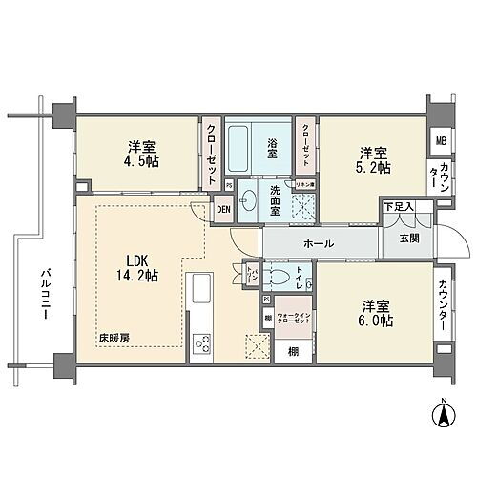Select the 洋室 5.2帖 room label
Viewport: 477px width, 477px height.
[375, 159]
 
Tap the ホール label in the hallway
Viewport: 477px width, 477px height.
[318, 243]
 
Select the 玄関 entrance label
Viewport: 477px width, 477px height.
[408, 238]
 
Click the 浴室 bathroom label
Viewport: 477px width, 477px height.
[272, 148]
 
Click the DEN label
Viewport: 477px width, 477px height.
[222, 210]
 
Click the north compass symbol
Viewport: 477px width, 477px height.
[444, 415]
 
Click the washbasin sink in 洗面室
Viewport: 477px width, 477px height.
[248, 201]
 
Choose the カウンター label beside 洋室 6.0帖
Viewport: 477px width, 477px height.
[444, 304]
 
